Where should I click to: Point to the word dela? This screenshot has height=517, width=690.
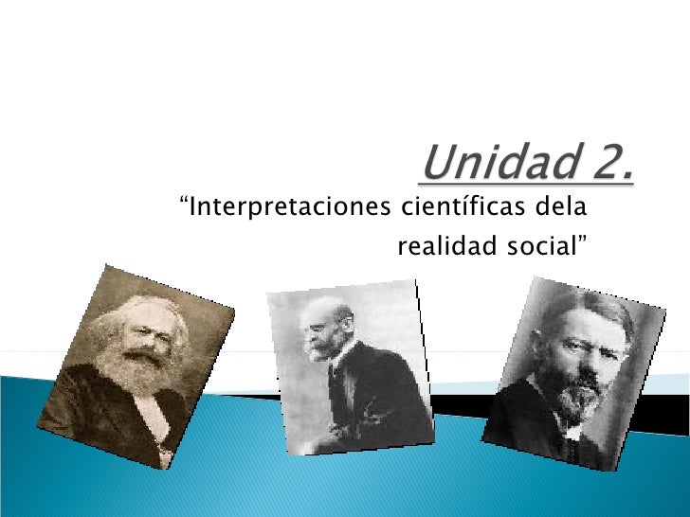[x=562, y=205]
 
